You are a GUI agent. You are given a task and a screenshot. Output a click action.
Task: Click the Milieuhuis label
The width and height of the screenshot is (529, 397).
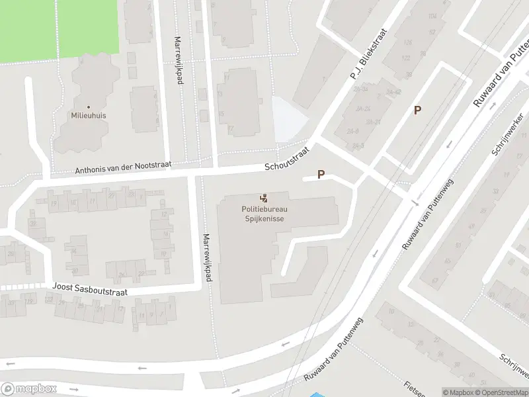(x=89, y=115)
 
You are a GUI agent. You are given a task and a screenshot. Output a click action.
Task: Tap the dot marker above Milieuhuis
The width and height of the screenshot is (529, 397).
(x=89, y=106)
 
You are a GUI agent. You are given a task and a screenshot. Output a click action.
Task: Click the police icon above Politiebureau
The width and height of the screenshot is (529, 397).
(x=264, y=198)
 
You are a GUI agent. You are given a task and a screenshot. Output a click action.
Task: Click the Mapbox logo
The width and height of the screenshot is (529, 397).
(x=28, y=389)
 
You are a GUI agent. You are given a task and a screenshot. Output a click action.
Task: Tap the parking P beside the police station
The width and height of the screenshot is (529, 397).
(x=321, y=175)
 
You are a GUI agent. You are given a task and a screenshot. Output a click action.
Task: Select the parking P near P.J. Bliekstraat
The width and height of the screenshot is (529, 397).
(x=417, y=110)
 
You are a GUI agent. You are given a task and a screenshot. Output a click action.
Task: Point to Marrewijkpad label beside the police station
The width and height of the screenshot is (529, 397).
(x=208, y=258)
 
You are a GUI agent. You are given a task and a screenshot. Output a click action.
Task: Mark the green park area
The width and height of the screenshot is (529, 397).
(x=60, y=30)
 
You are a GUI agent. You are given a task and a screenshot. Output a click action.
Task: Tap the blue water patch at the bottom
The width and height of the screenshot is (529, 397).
(x=316, y=394)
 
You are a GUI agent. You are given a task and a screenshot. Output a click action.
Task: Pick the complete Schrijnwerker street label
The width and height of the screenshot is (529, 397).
(x=507, y=134)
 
